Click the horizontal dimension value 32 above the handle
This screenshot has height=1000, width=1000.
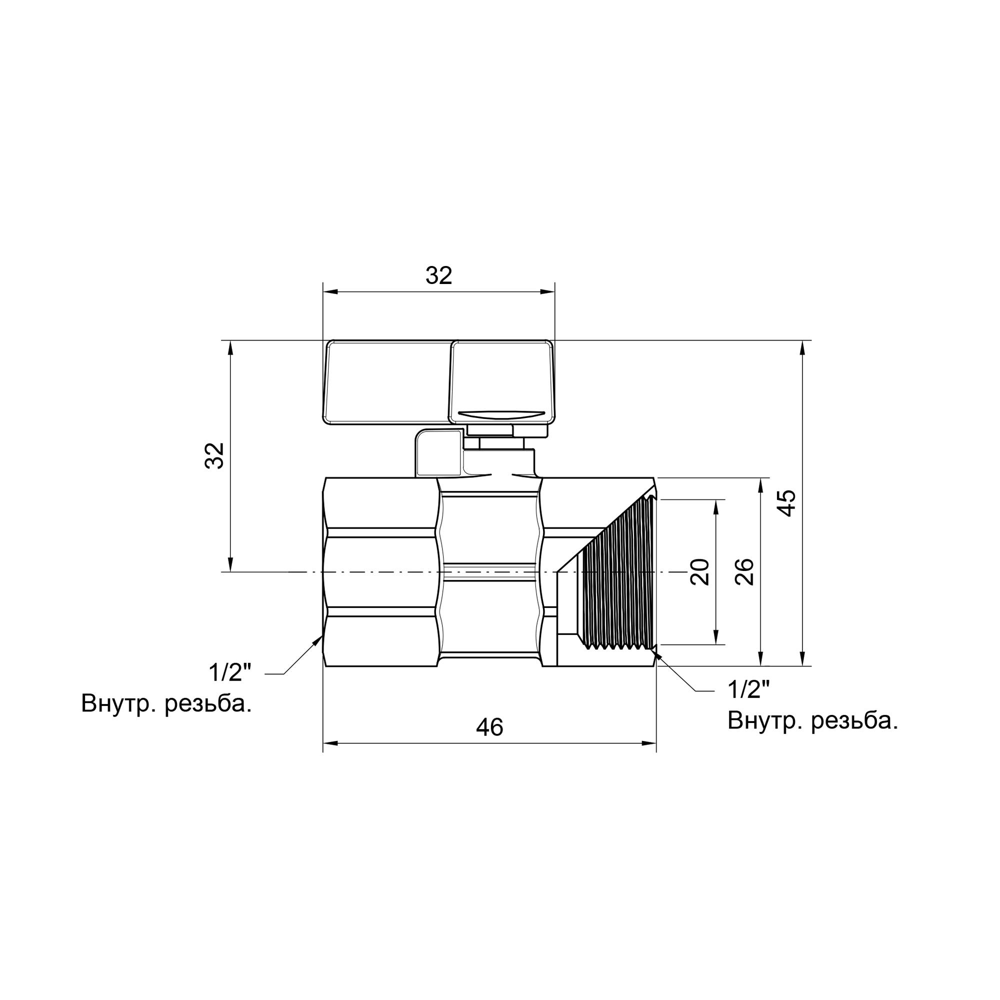coord(438,276)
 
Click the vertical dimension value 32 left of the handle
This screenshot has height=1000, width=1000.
coord(214,455)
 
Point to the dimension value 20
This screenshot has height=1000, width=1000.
coord(700,571)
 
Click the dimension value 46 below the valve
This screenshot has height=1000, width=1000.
coord(489,727)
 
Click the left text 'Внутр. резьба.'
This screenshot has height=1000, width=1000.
coord(166,704)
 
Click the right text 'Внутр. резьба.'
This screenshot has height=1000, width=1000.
coord(812,720)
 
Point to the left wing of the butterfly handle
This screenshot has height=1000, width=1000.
coord(388,383)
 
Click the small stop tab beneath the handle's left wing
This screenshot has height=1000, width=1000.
coord(437,454)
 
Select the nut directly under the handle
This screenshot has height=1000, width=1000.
coord(489,429)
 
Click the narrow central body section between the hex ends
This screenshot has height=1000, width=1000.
coord(490,572)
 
